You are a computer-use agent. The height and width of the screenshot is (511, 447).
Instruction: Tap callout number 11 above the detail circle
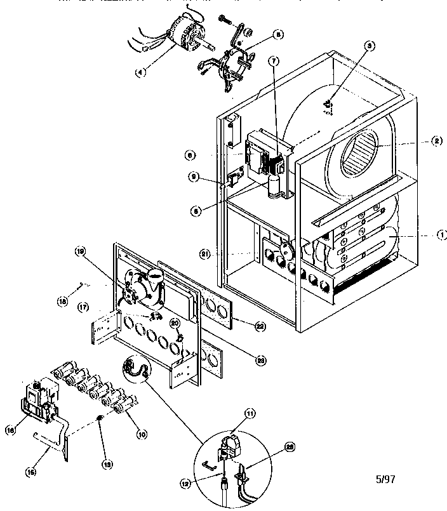250,413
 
